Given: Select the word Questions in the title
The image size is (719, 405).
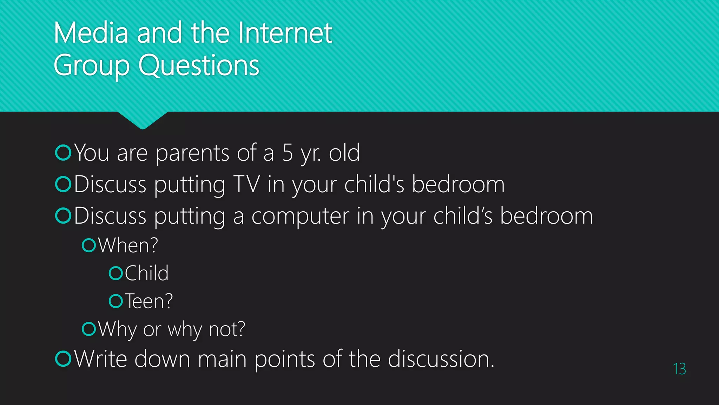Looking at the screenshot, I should point(199,65).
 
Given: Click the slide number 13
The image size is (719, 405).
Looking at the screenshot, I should point(679,369).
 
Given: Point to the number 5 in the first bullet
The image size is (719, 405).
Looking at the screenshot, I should point(288,153).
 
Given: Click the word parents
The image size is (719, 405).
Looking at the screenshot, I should point(192,154).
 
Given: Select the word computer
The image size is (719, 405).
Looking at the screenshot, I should point(300,216).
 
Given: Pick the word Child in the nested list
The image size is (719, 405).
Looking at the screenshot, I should point(147,273).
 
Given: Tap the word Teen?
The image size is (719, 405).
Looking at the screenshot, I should point(149,301).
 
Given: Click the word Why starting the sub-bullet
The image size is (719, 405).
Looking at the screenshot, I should point(117,329).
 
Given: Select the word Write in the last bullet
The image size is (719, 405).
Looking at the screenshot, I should point(100,359).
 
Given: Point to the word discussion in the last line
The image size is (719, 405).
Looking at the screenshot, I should point(440,359).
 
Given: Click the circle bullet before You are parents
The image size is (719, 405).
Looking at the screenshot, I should point(64,153).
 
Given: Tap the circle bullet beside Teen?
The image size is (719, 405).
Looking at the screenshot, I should point(116,301).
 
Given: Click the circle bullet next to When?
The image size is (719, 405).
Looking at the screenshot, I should point(89,245).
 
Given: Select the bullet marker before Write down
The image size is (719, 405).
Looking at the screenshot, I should point(64,359).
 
